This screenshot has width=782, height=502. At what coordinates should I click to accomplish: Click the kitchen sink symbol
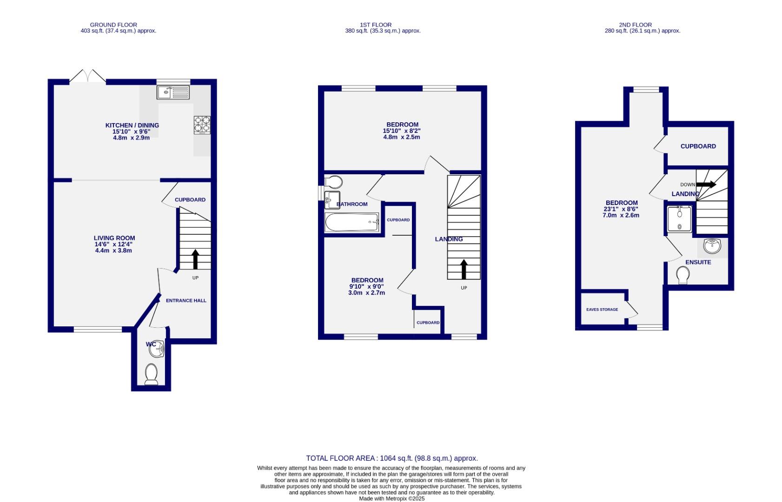[x=173, y=92]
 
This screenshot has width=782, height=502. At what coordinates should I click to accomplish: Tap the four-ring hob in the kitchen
[x=202, y=125]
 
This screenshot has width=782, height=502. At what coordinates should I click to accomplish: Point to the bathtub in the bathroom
[x=352, y=222]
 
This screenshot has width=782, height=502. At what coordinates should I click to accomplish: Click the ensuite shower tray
[x=679, y=219]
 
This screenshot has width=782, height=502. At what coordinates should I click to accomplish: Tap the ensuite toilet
[x=683, y=275]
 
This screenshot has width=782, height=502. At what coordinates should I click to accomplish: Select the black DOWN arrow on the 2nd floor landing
[x=706, y=185]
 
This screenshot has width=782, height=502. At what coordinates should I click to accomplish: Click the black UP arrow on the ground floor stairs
[x=195, y=259]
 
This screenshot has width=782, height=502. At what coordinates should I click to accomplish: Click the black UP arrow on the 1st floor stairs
[x=464, y=269]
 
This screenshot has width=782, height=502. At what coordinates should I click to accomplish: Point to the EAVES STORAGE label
[x=602, y=310]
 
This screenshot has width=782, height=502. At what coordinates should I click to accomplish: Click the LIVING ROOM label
[x=114, y=238]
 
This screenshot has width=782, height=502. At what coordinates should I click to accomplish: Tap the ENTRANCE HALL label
[x=186, y=301]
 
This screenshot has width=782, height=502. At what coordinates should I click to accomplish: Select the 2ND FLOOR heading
[x=635, y=25]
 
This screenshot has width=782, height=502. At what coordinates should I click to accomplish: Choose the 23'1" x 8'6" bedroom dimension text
[x=621, y=209]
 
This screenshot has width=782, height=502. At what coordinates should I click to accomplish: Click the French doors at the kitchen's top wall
[x=87, y=77]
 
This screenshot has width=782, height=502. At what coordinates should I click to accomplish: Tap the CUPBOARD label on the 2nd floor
[x=698, y=146]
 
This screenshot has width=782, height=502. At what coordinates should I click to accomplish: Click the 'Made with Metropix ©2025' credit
[x=391, y=499]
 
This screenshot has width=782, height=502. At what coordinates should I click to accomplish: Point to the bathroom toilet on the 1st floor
[x=333, y=182]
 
